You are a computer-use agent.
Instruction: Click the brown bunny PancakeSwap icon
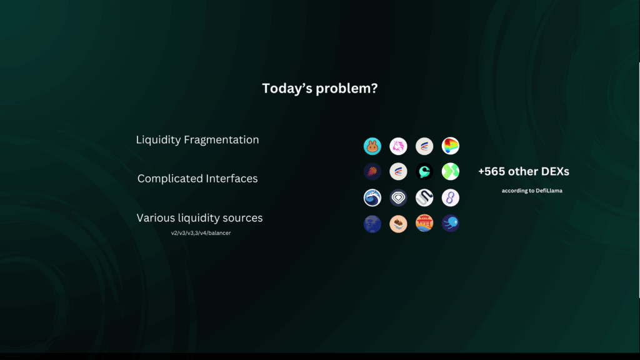pyautogui.click(x=372, y=146)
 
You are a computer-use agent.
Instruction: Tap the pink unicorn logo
pyautogui.click(x=398, y=146)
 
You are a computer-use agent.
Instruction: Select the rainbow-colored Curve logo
pyautogui.click(x=451, y=146)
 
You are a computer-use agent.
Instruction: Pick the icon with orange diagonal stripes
pyautogui.click(x=372, y=172)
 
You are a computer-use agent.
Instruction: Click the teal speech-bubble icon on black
pyautogui.click(x=424, y=172)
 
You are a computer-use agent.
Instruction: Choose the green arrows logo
pyautogui.click(x=451, y=172)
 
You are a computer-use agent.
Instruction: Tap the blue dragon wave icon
pyautogui.click(x=372, y=198)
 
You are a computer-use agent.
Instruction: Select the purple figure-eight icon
pyautogui.click(x=451, y=198)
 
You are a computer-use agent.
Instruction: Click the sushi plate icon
pyautogui.click(x=398, y=224)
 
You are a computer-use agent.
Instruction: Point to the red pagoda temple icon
pyautogui.click(x=424, y=224)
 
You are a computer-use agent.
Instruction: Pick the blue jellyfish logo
pyautogui.click(x=451, y=224)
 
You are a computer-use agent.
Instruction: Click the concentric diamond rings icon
pyautogui.click(x=398, y=198)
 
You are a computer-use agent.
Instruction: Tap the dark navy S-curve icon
pyautogui.click(x=424, y=198)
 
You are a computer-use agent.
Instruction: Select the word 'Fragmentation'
pyautogui.click(x=221, y=140)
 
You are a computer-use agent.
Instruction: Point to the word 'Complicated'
pyautogui.click(x=170, y=179)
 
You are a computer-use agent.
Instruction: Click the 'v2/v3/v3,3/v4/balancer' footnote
pyautogui.click(x=201, y=233)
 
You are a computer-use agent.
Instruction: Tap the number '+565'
pyautogui.click(x=491, y=171)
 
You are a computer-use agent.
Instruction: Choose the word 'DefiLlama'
pyautogui.click(x=549, y=191)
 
